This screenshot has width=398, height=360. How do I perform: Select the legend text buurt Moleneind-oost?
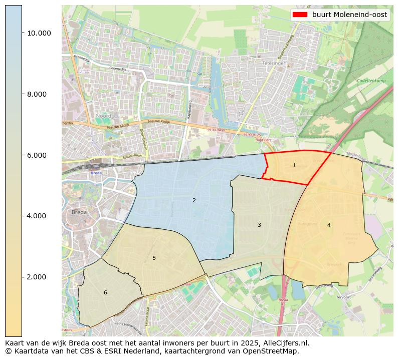coord(349,15)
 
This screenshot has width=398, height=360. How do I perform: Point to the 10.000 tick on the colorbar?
coord(39,33)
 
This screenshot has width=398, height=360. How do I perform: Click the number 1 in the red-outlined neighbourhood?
coord(294,166)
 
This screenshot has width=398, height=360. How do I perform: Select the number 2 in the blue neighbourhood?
coord(194,201)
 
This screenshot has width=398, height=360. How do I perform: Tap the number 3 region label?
coord(259,225)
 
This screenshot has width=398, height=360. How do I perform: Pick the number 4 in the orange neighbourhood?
coord(329,226)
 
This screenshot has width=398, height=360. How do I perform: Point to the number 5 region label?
coord(154,258)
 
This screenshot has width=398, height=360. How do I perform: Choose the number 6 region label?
coord(105,293)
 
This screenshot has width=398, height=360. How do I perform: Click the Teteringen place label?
coord(274,64)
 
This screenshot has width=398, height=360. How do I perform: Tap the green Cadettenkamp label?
coord(371,81)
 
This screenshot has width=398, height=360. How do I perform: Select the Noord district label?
coord(104,116)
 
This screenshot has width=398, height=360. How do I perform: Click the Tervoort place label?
coord(343,297)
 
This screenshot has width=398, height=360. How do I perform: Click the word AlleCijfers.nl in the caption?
coord(287,343)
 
